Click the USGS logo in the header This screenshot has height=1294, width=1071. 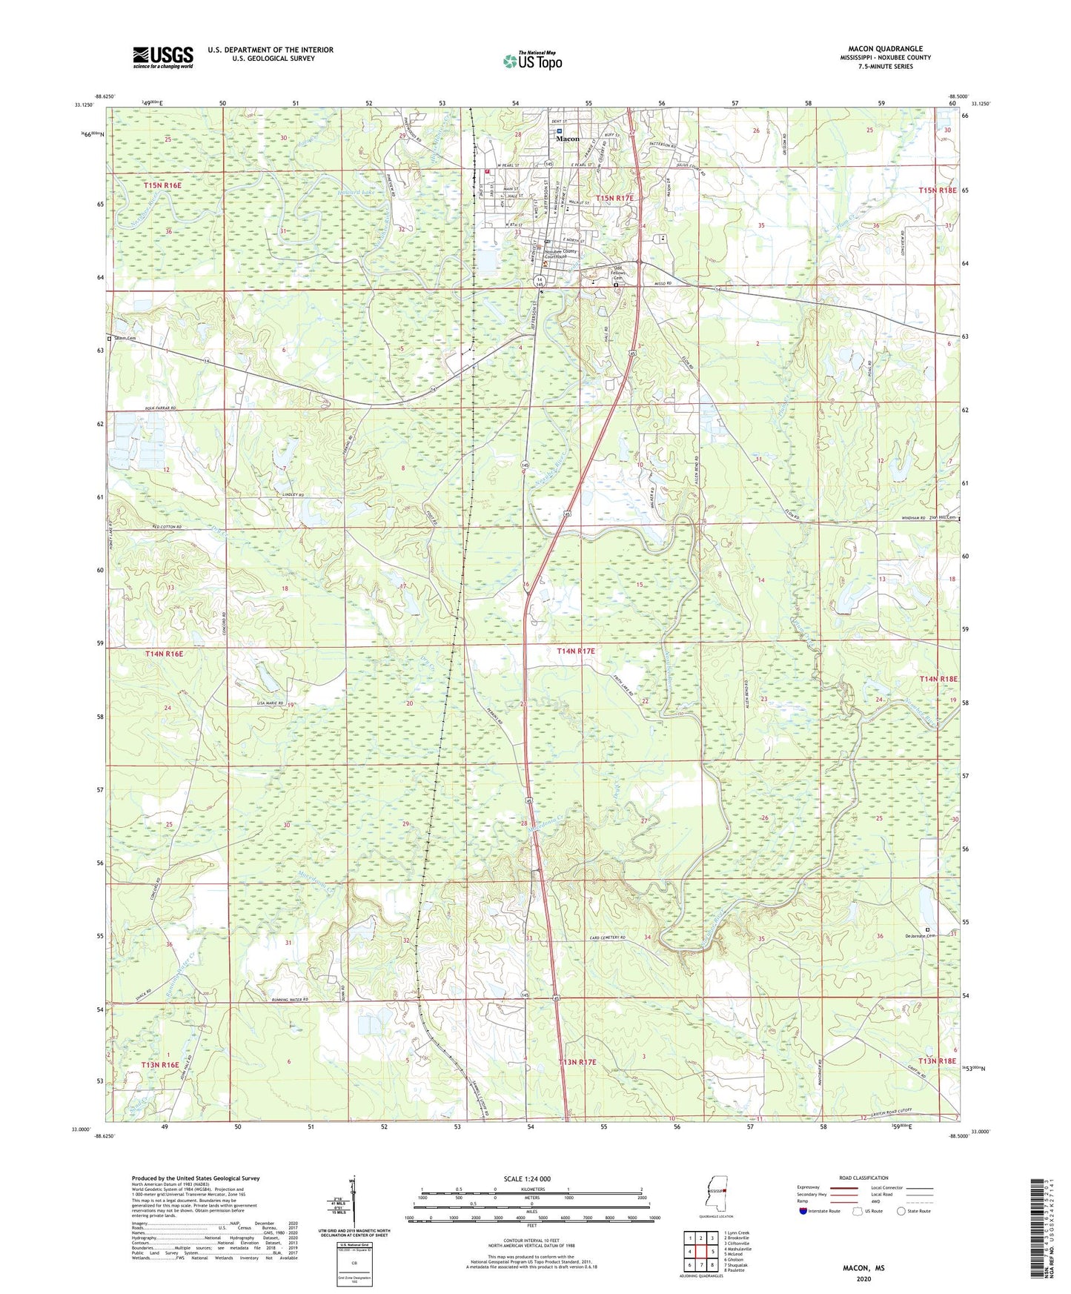pos(163,57)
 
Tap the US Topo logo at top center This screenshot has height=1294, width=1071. pos(532,61)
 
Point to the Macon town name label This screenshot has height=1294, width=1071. pos(568,139)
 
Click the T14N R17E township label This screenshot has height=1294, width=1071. pos(576,651)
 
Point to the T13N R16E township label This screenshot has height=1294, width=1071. pos(160,1065)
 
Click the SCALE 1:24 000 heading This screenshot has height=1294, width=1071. pos(527,1178)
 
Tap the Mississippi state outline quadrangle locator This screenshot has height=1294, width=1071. pos(716,1195)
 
